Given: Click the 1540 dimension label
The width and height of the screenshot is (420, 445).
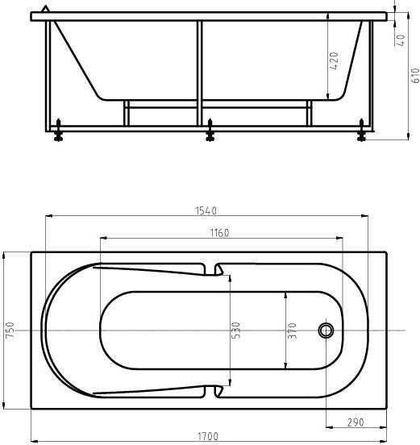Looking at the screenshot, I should point(207,211).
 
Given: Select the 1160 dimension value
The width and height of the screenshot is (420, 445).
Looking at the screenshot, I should point(219,233).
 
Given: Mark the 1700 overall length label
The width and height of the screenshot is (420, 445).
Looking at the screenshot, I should point(208,437).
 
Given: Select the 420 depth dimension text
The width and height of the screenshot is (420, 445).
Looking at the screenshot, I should point(335,60).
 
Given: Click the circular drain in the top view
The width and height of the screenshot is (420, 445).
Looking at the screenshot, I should point(326,331).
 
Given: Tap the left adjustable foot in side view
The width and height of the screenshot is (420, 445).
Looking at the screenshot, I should point(58,131).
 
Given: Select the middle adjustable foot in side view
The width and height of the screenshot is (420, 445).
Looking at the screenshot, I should point(210,131).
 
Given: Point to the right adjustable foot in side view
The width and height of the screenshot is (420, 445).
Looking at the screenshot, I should point(361,131).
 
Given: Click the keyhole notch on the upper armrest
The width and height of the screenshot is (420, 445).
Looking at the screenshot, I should point(218,270).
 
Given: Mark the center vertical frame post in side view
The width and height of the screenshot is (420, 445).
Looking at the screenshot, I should point(199,73).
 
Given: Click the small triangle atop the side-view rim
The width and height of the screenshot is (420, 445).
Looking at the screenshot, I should point(46,9).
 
